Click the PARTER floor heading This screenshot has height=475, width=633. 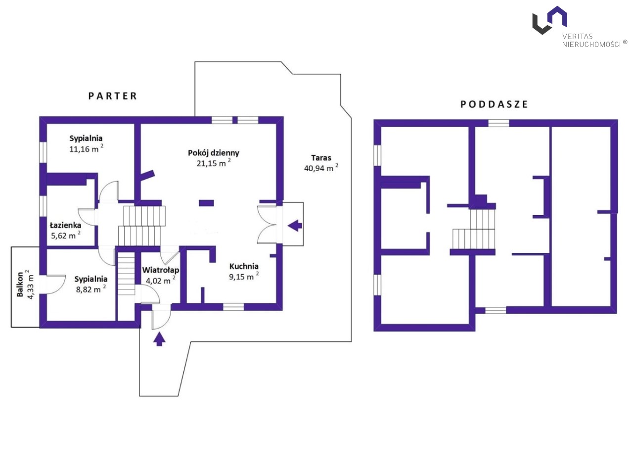pos(112,96)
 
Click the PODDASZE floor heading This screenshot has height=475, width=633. pos(494,104)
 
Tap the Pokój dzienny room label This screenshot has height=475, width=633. pos(214,153)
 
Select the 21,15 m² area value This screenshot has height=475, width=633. pos(214,163)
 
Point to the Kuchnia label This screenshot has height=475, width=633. pos(244,266)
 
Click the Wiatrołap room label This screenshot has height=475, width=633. pos(161,270)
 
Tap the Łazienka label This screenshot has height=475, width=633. pos(65,225)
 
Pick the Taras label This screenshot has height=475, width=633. pos(321,158)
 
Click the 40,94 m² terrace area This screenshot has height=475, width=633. pos(321,168)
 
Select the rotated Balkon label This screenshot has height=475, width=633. pos(20,285)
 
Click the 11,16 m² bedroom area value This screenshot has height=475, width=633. pos(86,148)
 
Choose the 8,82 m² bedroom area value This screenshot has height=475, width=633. pos(91,289)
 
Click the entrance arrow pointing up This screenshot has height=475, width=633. pos(159,339)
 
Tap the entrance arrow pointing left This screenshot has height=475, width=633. pos(295,225)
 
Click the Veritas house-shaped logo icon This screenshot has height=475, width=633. pos(549,20)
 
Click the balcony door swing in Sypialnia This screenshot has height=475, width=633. pos(56,285)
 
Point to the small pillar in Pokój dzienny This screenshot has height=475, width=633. pos(206,203)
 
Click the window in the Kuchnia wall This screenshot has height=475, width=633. pos(233,307)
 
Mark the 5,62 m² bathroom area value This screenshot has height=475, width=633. pos(66,235)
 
